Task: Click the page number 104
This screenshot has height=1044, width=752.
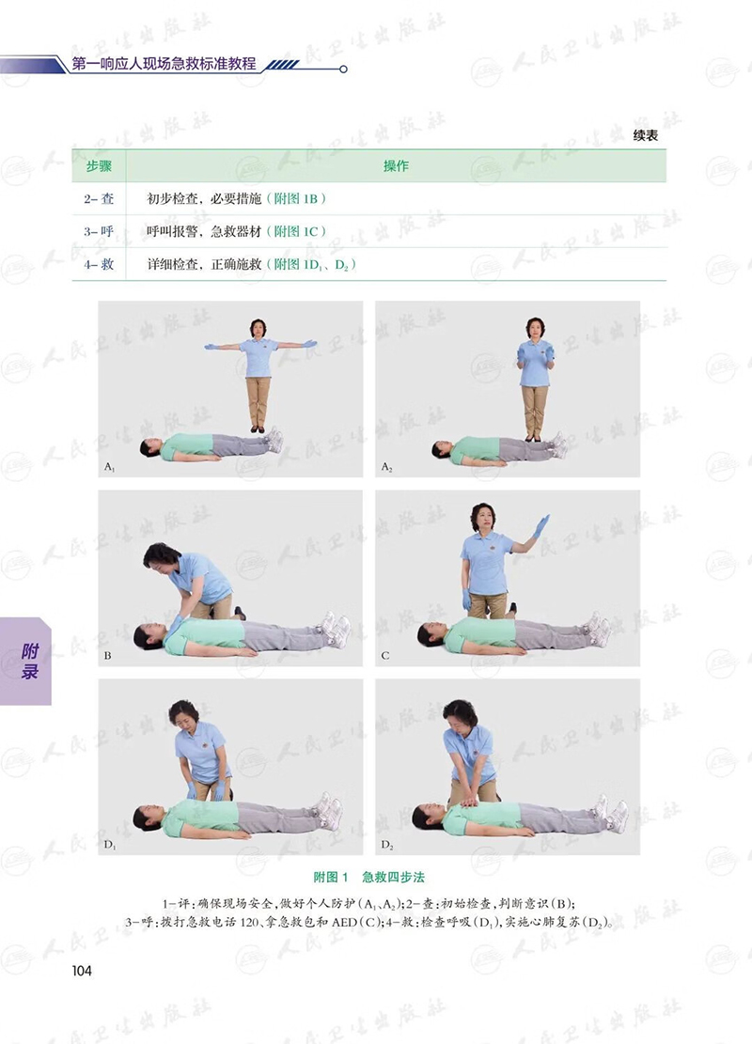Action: (82, 971)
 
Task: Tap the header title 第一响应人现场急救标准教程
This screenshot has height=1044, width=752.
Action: (164, 64)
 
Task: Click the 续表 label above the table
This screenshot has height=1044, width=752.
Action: (646, 135)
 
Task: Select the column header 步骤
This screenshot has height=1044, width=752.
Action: (99, 165)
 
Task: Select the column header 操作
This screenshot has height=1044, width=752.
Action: (396, 165)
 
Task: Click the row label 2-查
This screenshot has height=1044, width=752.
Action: (99, 198)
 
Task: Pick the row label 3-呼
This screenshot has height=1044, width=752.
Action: (99, 231)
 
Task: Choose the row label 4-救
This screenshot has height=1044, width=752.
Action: (99, 264)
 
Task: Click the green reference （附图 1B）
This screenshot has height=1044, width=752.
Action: (296, 198)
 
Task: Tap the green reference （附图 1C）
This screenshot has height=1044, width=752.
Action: (296, 231)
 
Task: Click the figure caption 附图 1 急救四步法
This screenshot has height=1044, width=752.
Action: (369, 877)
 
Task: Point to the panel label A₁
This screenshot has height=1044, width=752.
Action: (109, 467)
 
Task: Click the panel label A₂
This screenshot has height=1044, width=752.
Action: (387, 467)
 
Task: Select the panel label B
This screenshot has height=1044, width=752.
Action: (108, 656)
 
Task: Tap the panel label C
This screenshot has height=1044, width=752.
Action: (385, 656)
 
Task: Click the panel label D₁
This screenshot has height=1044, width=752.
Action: (109, 845)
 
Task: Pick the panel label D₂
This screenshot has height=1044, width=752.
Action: (387, 845)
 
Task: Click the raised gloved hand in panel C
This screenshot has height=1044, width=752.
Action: (541, 526)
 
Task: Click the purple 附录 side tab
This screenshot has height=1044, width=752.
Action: (26, 662)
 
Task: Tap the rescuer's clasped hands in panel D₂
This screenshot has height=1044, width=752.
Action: (472, 799)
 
